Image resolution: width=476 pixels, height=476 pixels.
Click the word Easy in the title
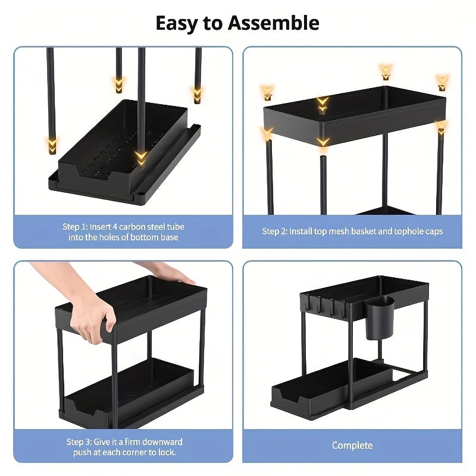coord(177,23)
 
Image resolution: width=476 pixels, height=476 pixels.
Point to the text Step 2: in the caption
coord(275,231)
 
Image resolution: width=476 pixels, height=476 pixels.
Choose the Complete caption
coord(352,446)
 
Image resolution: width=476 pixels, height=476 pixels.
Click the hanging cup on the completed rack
coord(379,317)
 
